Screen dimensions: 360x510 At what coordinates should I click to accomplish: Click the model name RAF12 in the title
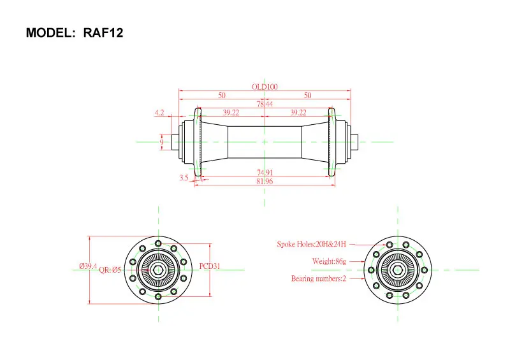[x=103, y=33]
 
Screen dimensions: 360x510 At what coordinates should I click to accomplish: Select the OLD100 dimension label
[x=265, y=87]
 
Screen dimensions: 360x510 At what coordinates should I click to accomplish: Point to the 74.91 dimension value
[x=265, y=173]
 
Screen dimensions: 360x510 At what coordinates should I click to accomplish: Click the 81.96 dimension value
[x=265, y=182]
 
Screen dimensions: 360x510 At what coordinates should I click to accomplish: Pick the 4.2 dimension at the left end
[x=159, y=112]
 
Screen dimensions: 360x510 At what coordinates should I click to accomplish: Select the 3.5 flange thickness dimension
[x=184, y=178]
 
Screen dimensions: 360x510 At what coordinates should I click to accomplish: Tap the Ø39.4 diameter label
[x=88, y=266]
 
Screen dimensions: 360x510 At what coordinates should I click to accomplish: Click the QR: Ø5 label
[x=110, y=270]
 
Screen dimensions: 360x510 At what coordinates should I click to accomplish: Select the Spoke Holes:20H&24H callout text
[x=312, y=244]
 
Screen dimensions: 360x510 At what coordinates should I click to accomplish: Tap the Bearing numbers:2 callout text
[x=319, y=279]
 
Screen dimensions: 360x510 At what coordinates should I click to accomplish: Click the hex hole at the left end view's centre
[x=158, y=270]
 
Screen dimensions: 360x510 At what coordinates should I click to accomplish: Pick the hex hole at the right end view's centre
[x=398, y=270]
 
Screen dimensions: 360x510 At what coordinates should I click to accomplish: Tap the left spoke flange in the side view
[x=198, y=142]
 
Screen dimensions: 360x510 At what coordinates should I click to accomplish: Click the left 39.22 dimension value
[x=231, y=113]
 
